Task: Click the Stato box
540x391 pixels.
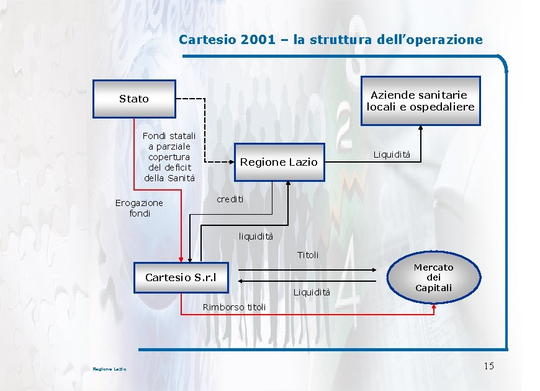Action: [134, 99]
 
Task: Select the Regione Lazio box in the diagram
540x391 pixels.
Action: [279, 162]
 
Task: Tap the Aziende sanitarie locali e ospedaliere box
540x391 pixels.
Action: [420, 101]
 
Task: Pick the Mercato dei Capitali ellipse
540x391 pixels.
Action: [434, 277]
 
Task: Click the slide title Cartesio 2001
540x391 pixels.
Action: [330, 40]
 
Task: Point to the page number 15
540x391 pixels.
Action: [488, 366]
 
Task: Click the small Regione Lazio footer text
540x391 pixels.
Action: [109, 369]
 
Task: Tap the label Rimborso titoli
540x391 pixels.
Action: [234, 307]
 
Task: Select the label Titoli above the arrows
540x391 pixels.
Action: [308, 255]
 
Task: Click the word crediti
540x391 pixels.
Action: [230, 199]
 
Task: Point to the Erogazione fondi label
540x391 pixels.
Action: [139, 208]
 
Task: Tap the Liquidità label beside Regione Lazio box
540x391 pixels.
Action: [392, 155]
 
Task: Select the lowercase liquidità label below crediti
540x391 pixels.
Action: [256, 236]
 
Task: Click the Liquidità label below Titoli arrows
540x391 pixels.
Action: [312, 292]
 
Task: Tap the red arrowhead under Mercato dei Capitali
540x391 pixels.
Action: [434, 305]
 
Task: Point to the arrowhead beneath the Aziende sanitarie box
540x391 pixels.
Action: [421, 128]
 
